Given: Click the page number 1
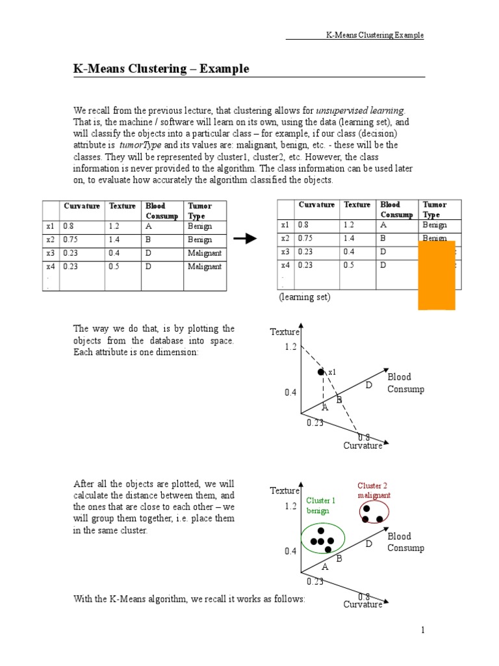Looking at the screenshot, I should [x=422, y=630].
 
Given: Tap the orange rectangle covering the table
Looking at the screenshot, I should [x=436, y=274].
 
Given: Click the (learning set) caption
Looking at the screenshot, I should [x=305, y=297].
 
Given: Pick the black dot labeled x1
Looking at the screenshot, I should [x=320, y=372].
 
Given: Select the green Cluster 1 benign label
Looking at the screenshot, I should [x=320, y=505].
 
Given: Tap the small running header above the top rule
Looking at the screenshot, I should [x=374, y=35].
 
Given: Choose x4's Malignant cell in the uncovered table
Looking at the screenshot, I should [x=205, y=267].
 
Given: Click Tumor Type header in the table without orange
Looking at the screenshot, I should [x=199, y=211].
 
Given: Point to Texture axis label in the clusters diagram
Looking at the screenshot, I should [x=285, y=491].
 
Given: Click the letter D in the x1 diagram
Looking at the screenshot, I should [x=368, y=386].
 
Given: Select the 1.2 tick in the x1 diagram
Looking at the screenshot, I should [x=290, y=347].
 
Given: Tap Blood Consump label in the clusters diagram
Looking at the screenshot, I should [x=405, y=542].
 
